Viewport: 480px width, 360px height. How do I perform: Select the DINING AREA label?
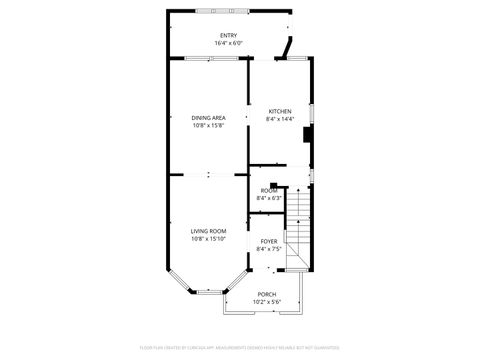click(x=208, y=118)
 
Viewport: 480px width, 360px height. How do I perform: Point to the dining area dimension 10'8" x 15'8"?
click(x=208, y=125)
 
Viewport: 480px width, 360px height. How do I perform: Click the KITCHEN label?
click(x=280, y=111)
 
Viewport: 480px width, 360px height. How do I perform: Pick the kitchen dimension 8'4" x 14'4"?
click(x=280, y=119)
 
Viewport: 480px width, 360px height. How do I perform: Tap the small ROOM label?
click(x=269, y=190)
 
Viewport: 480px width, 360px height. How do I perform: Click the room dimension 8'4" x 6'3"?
click(x=269, y=197)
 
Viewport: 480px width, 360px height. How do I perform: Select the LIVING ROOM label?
click(x=209, y=231)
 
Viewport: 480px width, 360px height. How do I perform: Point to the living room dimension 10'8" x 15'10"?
click(x=209, y=239)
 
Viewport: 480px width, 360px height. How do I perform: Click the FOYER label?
click(x=269, y=241)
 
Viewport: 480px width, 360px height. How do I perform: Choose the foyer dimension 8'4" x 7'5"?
click(x=269, y=248)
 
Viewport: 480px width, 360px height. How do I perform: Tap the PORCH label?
click(x=266, y=294)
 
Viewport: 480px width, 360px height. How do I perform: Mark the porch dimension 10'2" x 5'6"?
click(x=266, y=301)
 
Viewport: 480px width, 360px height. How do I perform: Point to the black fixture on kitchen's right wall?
click(x=309, y=137)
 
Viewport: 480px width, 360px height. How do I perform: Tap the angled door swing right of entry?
click(x=288, y=46)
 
